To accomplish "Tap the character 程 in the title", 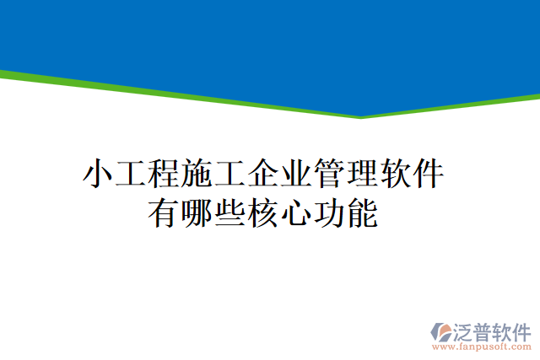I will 164,174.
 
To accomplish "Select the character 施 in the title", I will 197,174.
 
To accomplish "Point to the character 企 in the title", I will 262,174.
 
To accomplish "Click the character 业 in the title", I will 295,174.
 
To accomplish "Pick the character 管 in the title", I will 328,174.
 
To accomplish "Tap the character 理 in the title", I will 361,174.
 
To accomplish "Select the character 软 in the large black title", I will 394,174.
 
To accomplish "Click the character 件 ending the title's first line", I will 427,174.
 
